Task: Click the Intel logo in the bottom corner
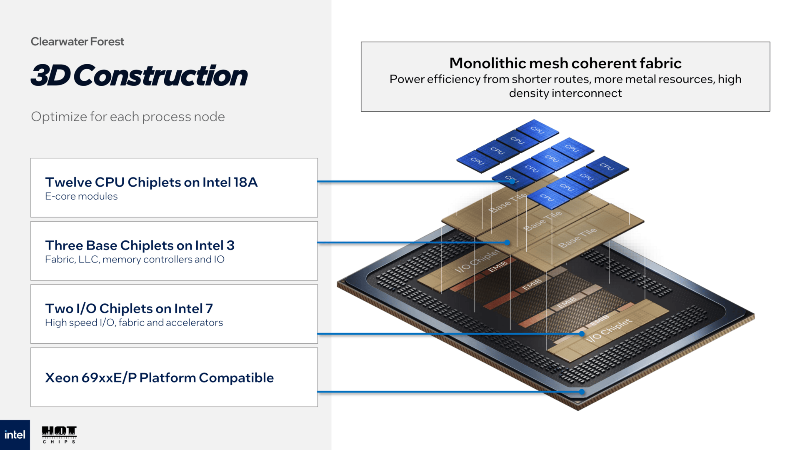(x=15, y=435)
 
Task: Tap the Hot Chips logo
(x=59, y=435)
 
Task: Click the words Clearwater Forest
(x=77, y=42)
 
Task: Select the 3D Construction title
(x=139, y=76)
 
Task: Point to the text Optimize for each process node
(x=128, y=117)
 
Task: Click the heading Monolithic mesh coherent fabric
(x=565, y=63)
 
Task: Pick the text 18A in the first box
(x=245, y=182)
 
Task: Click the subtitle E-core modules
(x=81, y=196)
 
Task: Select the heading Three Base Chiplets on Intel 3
(x=140, y=245)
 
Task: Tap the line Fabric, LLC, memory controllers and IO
(x=135, y=260)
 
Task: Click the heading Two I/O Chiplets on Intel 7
(x=129, y=309)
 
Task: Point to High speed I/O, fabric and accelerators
(x=134, y=322)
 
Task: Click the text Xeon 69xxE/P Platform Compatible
(x=159, y=378)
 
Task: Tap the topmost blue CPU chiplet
(x=537, y=130)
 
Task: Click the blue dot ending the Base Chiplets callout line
(x=507, y=242)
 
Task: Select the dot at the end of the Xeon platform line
(x=582, y=392)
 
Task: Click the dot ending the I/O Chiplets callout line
(x=582, y=334)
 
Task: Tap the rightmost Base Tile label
(x=577, y=238)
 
